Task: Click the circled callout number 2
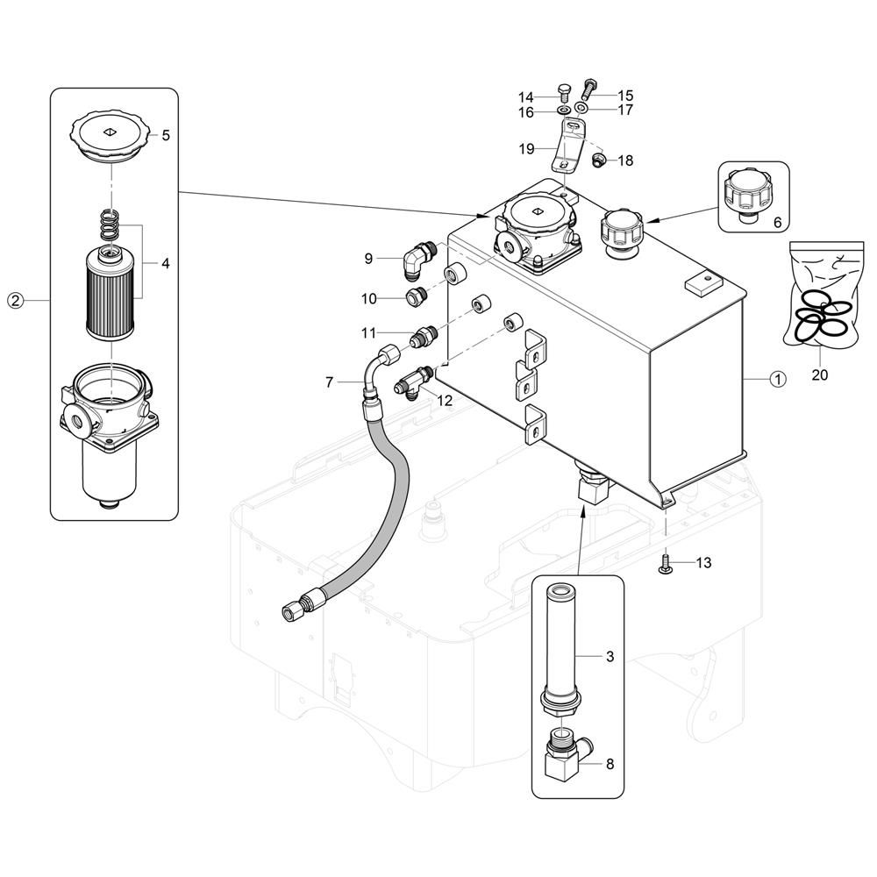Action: pyautogui.click(x=15, y=301)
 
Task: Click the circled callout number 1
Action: pyautogui.click(x=777, y=379)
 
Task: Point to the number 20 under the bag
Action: pyautogui.click(x=819, y=375)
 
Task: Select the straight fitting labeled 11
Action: pyautogui.click(x=425, y=334)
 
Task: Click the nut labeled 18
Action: pyautogui.click(x=600, y=160)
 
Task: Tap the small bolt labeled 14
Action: pyautogui.click(x=565, y=93)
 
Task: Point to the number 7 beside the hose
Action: pyautogui.click(x=329, y=381)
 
